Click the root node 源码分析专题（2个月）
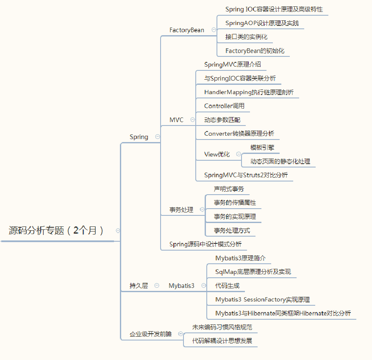[x=56, y=231]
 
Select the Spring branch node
[x=139, y=137]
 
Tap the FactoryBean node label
[x=186, y=30]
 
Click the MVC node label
[x=176, y=120]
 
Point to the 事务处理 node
[x=181, y=209]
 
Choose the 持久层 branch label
[x=139, y=286]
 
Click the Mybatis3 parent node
[x=181, y=286]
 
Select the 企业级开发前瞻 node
[x=151, y=334]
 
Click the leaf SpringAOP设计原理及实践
[x=262, y=23]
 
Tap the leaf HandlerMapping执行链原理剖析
[x=249, y=92]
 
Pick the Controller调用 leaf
[x=224, y=106]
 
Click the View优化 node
[x=217, y=154]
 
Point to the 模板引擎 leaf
[x=262, y=148]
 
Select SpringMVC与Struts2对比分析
[x=246, y=175]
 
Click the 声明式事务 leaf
[x=229, y=189]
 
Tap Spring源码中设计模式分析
[x=205, y=244]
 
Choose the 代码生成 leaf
[x=227, y=286]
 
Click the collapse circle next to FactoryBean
[x=214, y=30]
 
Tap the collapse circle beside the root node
[x=118, y=231]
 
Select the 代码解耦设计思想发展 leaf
[x=222, y=340]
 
